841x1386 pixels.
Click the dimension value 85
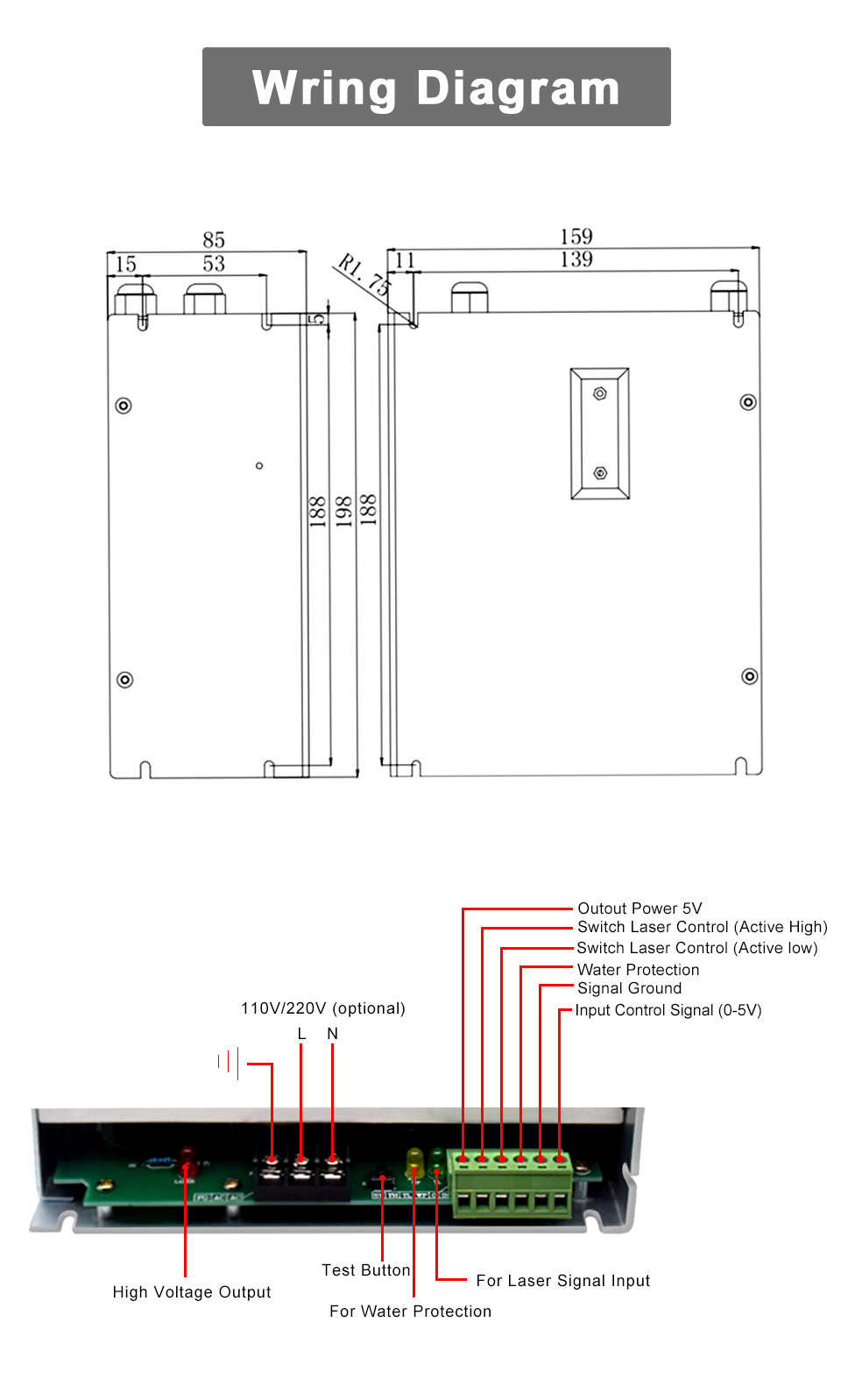214,239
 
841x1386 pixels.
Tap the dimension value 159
576,237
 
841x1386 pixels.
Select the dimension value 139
576,259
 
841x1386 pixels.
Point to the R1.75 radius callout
364,273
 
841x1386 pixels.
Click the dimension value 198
343,511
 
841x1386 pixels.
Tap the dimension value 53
214,263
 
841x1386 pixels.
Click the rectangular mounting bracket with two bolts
600,434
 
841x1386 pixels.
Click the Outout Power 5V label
640,909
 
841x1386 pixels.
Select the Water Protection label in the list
638,970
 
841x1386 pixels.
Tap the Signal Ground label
629,988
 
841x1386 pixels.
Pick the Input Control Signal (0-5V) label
668,1010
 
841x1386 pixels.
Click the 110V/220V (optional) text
322,1008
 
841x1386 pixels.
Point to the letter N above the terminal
332,1034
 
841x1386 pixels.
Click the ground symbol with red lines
230,1063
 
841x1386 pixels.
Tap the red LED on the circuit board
187,1160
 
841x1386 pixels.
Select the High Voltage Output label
192,1292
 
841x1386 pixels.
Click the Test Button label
365,1270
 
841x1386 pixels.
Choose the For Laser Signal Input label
562,1281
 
